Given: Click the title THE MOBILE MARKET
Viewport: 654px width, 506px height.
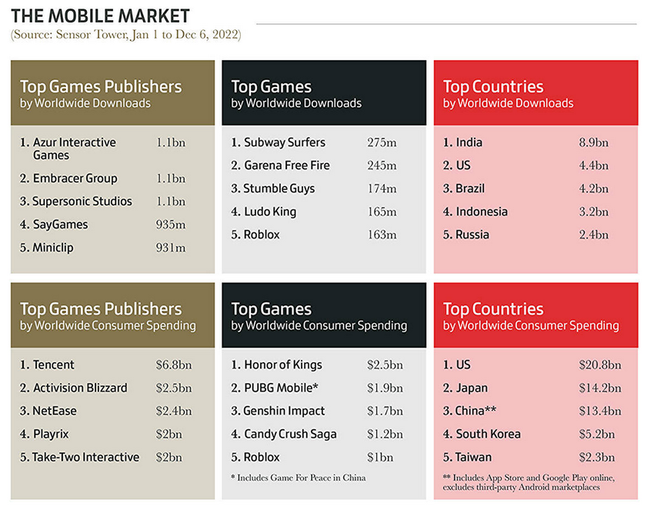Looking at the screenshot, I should click(101, 15).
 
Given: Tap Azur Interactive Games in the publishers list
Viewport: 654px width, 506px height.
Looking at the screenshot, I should click(74, 148).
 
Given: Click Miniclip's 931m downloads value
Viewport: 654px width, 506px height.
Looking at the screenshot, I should click(170, 248).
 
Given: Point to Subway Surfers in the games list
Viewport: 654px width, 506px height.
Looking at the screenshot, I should click(284, 142).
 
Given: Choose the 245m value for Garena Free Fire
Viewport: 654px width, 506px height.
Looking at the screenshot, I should click(382, 165).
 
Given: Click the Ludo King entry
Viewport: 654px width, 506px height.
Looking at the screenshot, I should click(269, 211).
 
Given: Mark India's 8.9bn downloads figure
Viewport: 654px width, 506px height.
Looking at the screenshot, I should click(593, 142).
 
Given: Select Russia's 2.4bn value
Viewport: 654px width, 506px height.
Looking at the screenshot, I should click(593, 235).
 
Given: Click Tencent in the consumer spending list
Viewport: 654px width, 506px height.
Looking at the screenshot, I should click(53, 365).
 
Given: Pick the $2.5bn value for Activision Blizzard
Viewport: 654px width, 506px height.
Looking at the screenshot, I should click(170, 388).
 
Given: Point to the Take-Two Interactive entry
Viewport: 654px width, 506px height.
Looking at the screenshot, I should click(85, 457).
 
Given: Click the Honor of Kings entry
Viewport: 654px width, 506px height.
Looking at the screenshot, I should click(282, 365).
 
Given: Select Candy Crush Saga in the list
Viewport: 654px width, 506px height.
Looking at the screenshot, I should click(290, 434).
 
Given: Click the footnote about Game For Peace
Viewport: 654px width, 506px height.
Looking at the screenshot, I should click(298, 478).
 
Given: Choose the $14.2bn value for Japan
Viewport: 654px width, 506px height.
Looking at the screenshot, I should click(599, 388).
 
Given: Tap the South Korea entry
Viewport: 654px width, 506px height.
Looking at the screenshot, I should click(488, 434).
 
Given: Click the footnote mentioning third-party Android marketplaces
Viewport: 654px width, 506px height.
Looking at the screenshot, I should click(529, 482).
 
